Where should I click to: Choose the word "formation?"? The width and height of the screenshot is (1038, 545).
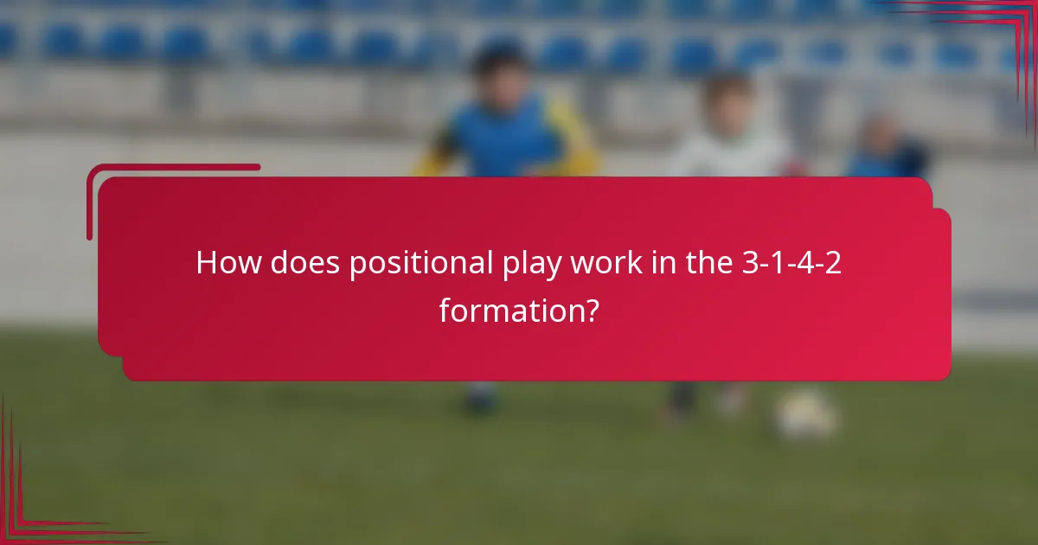click(518, 309)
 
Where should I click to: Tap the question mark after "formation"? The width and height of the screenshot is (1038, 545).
click(590, 309)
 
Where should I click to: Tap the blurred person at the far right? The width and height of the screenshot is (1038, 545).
click(884, 147)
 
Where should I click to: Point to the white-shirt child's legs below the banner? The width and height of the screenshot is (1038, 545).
click(701, 398)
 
